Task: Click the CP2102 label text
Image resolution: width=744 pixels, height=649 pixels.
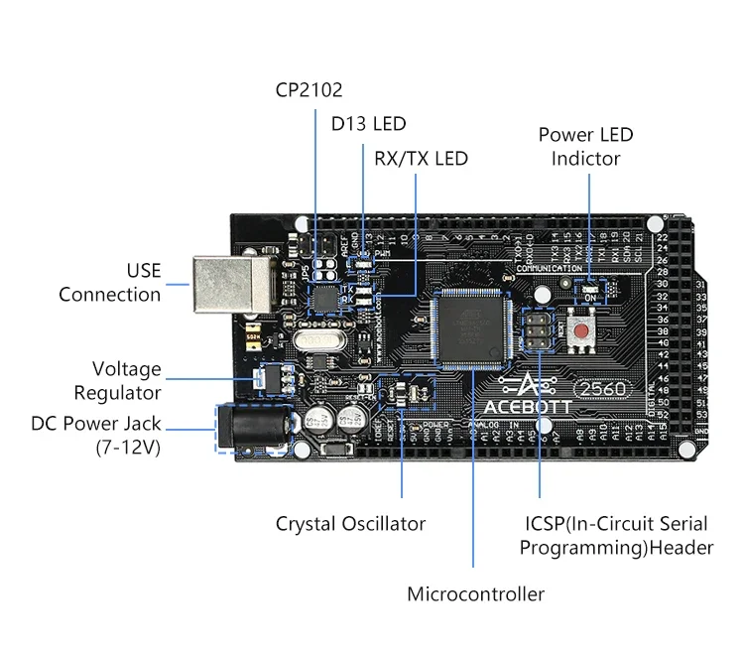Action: pos(309,90)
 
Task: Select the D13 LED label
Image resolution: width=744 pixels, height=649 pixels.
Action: pos(368,124)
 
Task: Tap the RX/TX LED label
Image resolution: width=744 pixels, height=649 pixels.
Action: pos(421,159)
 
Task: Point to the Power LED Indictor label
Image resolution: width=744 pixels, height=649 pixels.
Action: pos(585,146)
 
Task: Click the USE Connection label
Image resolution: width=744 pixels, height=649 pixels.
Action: pos(109,282)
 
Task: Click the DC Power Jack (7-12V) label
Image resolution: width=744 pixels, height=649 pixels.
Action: pos(95,436)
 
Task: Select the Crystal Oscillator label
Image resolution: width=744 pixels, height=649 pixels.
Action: pos(350,524)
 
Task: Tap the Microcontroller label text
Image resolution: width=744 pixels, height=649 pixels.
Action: pos(475,594)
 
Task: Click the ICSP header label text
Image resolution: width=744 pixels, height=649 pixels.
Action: pos(616,535)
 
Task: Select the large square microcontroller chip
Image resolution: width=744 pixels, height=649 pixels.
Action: pos(471,327)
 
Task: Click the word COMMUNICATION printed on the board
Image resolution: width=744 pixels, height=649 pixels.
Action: pos(550,269)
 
